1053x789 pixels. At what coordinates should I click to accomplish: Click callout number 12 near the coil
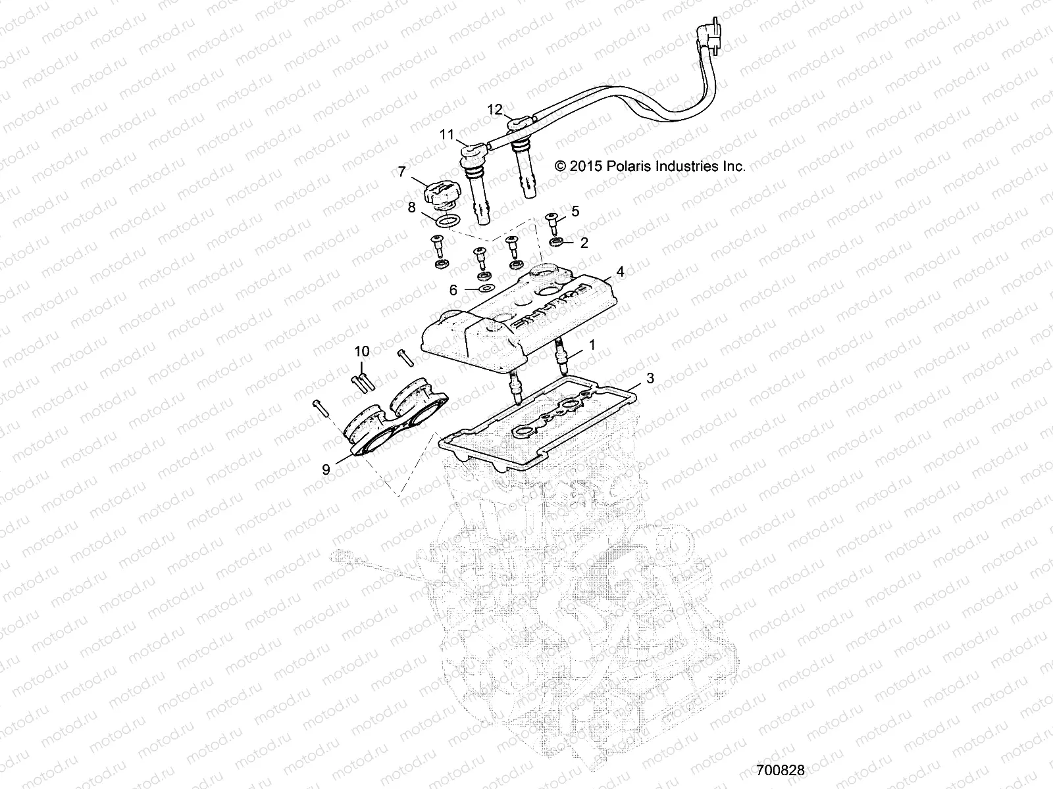click(495, 108)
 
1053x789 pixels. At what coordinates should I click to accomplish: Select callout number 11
click(447, 135)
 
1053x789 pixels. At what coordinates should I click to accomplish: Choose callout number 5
click(575, 211)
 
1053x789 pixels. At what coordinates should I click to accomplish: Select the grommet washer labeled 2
click(556, 244)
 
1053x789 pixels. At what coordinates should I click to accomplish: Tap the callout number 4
click(620, 271)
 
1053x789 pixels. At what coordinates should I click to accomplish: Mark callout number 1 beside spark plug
click(592, 345)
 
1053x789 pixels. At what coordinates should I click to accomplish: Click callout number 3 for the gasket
click(650, 378)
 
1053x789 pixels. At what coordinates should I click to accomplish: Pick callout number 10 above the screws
click(362, 351)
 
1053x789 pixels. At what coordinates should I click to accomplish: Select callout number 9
click(326, 469)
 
